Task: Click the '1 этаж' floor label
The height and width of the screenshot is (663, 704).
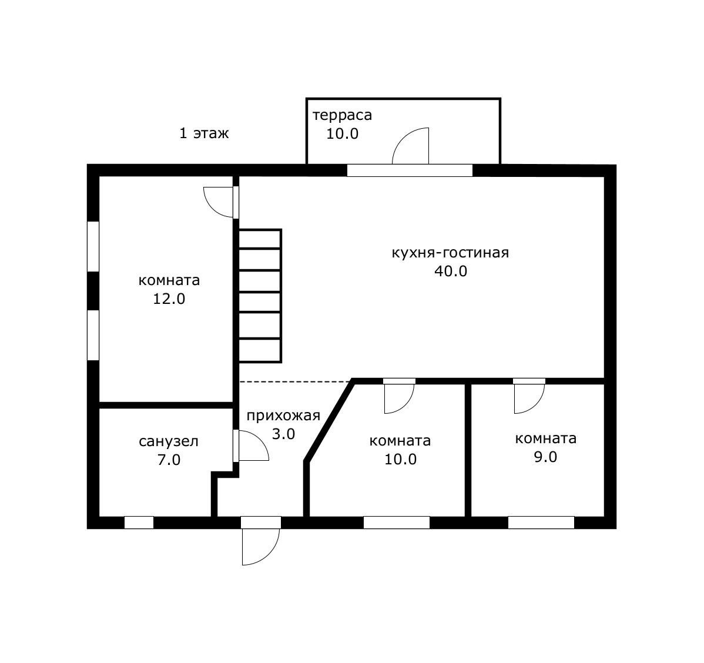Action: click(x=205, y=133)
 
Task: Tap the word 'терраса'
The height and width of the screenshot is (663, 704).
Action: click(x=342, y=115)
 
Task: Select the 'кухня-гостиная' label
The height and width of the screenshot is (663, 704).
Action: click(x=450, y=252)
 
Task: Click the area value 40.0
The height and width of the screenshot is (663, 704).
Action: click(x=451, y=272)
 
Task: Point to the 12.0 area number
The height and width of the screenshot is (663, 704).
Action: click(x=169, y=299)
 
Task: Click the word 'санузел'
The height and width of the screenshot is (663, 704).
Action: click(x=169, y=441)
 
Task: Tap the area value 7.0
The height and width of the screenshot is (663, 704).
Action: click(x=169, y=460)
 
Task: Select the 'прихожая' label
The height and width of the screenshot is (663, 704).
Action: click(x=283, y=416)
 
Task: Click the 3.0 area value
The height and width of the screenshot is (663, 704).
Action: click(x=284, y=434)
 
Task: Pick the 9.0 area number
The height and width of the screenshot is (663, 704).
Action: click(x=545, y=457)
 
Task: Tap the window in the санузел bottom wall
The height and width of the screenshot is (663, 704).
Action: click(x=139, y=523)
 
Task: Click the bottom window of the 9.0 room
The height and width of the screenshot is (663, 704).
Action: click(x=541, y=523)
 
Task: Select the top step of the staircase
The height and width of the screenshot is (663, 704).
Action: click(x=260, y=239)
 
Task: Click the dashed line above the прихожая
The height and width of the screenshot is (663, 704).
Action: click(x=295, y=382)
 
